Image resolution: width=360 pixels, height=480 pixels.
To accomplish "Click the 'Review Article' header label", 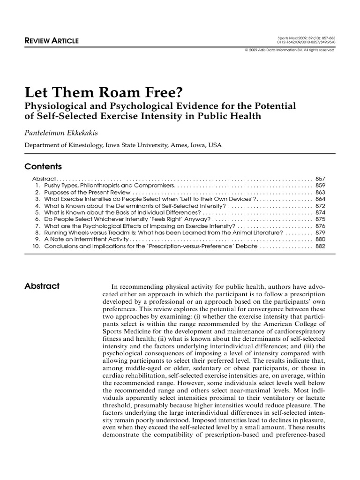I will pos(52,41).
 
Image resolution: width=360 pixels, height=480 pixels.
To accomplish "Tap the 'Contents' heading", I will pos(43,166).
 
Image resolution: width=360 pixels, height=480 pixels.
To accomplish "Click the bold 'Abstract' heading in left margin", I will pos(42,286).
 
